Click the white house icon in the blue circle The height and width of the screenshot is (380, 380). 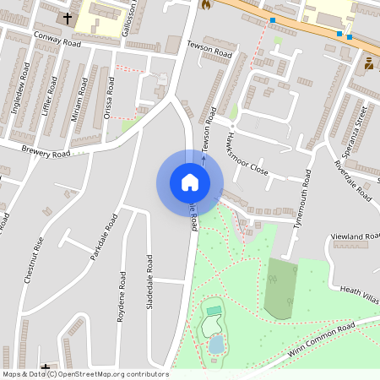(x=190, y=182)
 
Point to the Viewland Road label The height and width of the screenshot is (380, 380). (x=357, y=236)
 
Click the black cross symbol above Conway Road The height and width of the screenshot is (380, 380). (x=67, y=17)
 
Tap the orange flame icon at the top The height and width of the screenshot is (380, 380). (x=204, y=4)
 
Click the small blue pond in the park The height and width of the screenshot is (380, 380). (x=216, y=344)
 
